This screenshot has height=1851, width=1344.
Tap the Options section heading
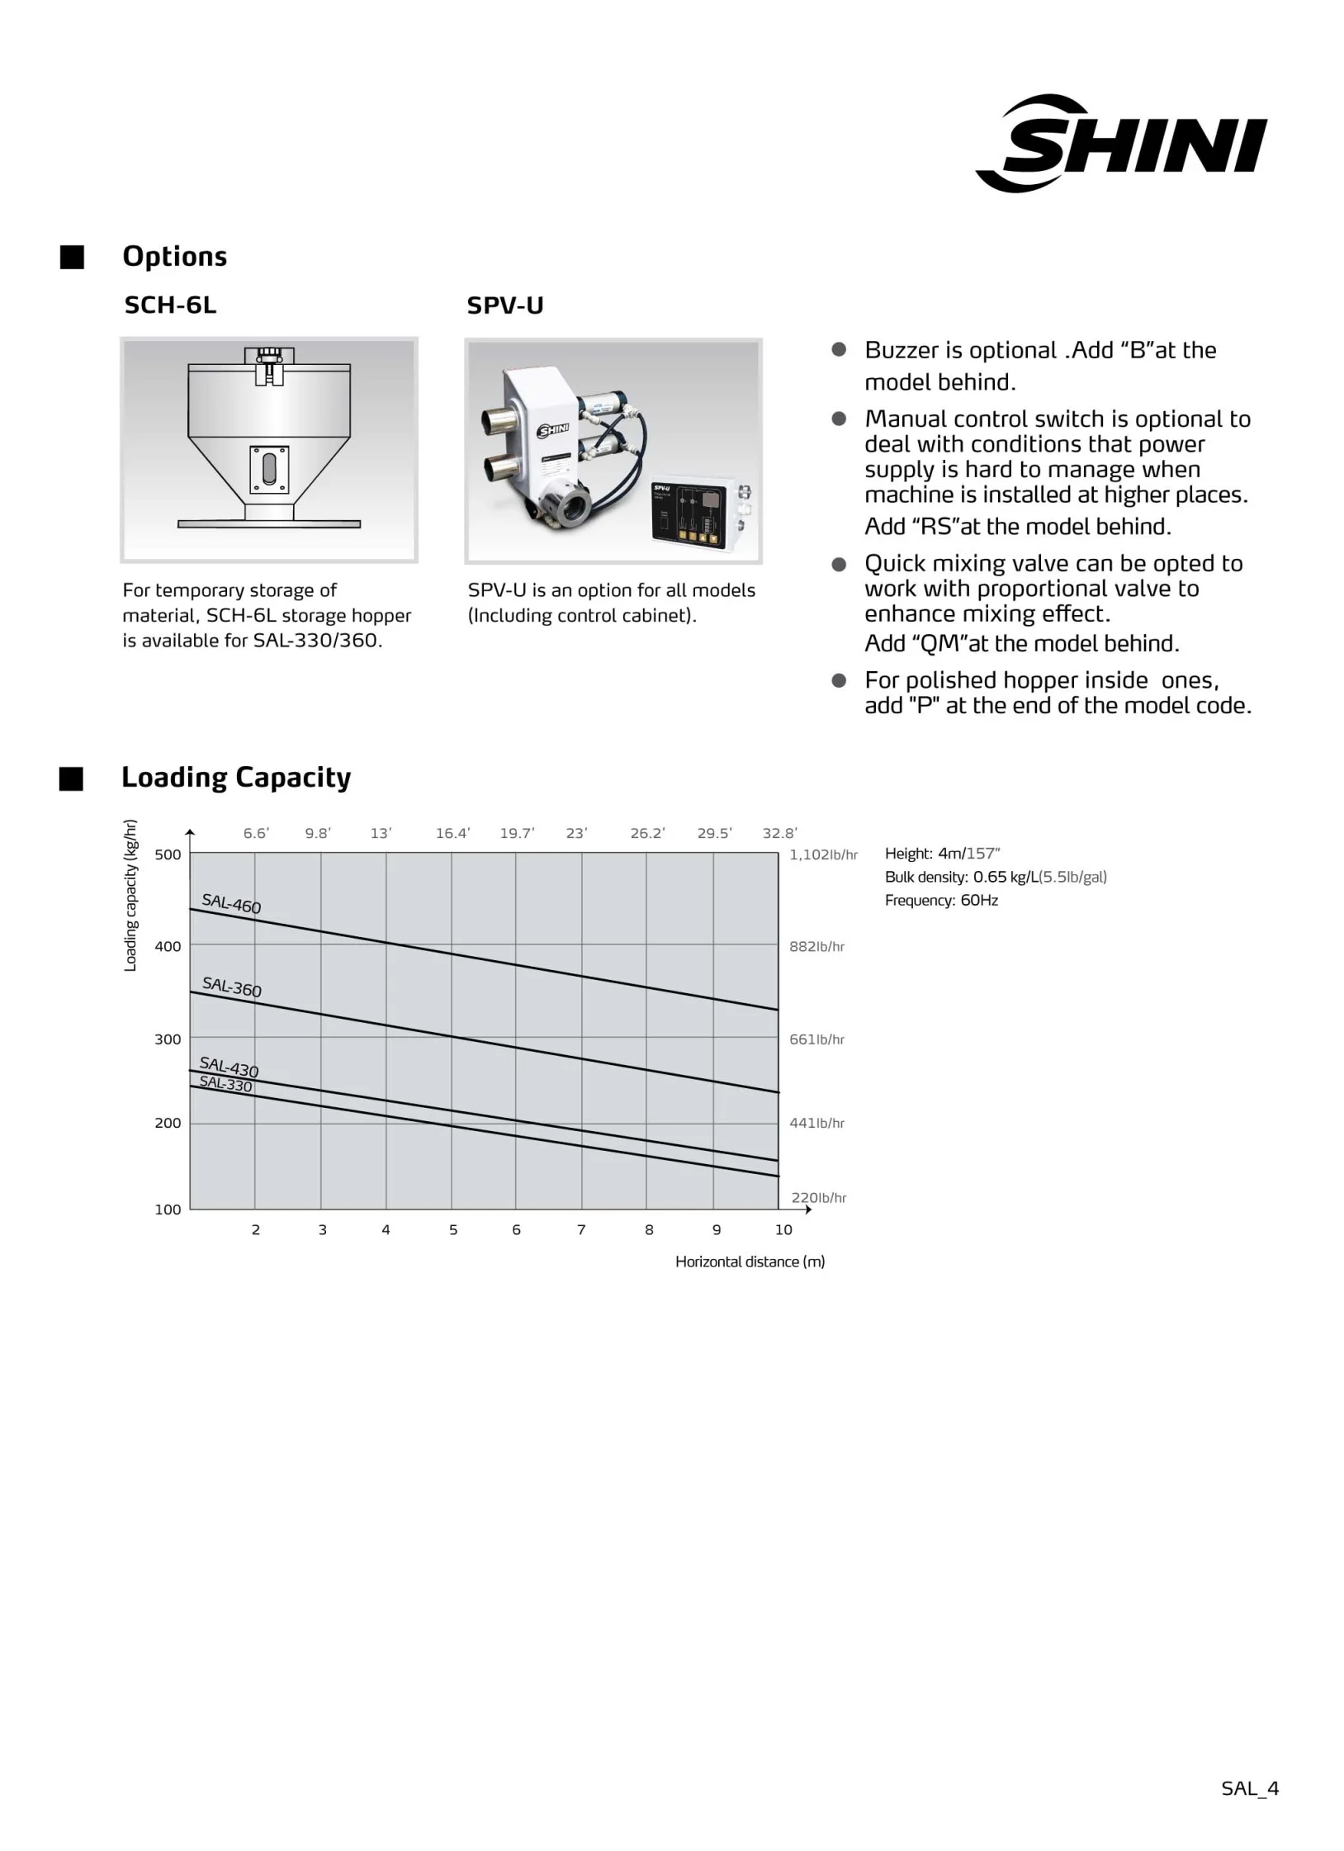174,257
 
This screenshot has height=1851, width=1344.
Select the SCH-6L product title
170,305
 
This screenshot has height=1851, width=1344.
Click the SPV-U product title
504,306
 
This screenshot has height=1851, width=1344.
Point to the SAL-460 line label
231,904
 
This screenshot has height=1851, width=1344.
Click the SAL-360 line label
231,987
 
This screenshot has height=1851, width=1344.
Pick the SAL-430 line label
229,1067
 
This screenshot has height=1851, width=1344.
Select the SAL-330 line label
225,1084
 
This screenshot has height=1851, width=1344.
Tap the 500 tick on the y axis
168,854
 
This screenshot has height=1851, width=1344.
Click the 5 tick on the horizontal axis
453,1230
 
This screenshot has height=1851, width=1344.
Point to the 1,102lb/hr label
823,854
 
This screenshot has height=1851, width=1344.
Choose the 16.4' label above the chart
452,833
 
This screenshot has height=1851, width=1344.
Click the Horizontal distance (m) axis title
750,1262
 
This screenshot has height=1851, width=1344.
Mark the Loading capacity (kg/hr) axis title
130,895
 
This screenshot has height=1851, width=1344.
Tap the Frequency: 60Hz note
941,900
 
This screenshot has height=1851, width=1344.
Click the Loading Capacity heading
236,778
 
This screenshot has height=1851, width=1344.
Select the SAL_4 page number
1250,1788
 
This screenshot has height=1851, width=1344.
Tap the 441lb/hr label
816,1123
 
